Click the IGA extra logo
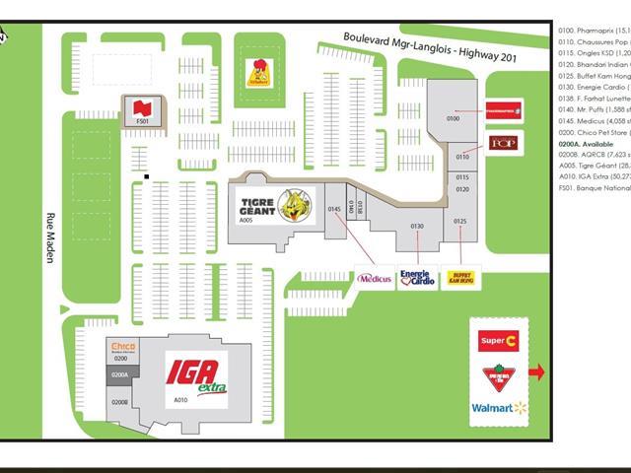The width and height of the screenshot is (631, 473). (x=195, y=374)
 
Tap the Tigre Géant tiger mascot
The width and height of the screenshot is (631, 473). (x=293, y=206)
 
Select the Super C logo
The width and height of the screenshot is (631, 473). (x=499, y=341)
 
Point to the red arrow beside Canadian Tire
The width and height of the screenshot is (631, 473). (x=537, y=372)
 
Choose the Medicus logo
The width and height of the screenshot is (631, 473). (x=375, y=279)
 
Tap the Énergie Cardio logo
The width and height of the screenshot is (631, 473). (x=417, y=279)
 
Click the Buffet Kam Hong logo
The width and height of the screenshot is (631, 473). (x=459, y=279)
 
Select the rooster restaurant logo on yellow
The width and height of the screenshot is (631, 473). (x=258, y=74)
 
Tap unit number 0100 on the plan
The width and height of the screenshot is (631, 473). (x=454, y=118)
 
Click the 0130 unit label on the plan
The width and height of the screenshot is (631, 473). (x=417, y=228)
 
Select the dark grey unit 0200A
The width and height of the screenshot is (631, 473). (x=120, y=375)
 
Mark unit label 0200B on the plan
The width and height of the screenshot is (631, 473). (x=120, y=402)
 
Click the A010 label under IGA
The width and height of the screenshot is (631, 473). (x=180, y=400)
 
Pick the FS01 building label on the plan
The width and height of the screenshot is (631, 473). (x=142, y=121)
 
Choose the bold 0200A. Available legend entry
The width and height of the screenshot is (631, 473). (x=585, y=142)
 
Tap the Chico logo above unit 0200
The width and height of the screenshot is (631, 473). (x=122, y=346)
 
